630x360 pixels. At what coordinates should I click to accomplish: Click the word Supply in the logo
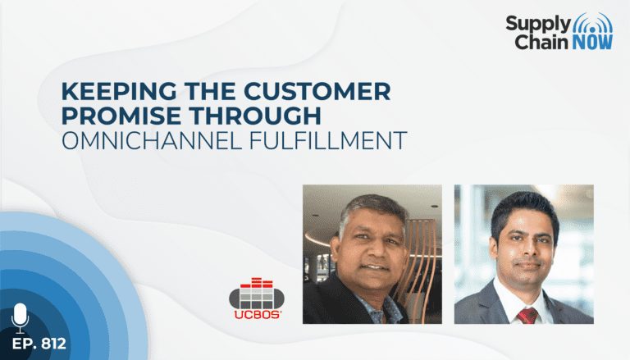(x=538, y=25)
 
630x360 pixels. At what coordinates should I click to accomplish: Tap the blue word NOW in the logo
(x=593, y=42)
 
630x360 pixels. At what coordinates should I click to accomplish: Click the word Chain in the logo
(x=542, y=42)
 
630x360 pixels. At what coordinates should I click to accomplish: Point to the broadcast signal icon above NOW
(x=592, y=24)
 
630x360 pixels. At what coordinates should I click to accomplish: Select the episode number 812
(x=53, y=344)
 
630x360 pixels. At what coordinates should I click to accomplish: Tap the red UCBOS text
(x=257, y=315)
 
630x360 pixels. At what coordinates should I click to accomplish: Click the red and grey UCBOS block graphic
(x=257, y=294)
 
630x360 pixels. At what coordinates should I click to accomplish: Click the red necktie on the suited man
(x=527, y=316)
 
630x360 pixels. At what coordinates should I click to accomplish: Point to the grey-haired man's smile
(x=376, y=267)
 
